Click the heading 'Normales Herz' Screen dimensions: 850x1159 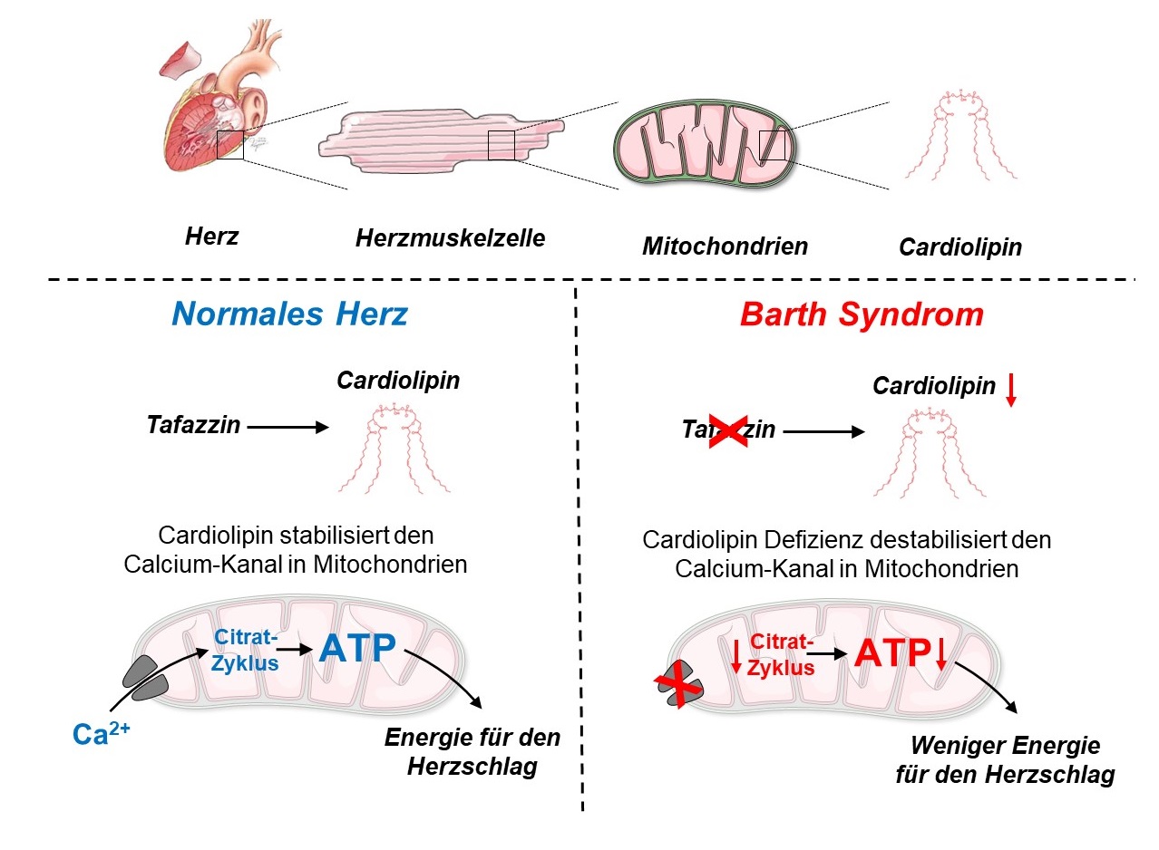(290, 314)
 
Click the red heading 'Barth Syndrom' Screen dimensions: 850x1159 (862, 314)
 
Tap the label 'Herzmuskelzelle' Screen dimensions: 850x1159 (450, 238)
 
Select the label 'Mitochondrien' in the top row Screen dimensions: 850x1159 (725, 246)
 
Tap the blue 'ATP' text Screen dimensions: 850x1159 (358, 648)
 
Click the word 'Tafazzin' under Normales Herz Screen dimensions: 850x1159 (193, 424)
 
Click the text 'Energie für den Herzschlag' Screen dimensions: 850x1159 (472, 751)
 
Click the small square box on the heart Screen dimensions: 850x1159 (230, 145)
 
